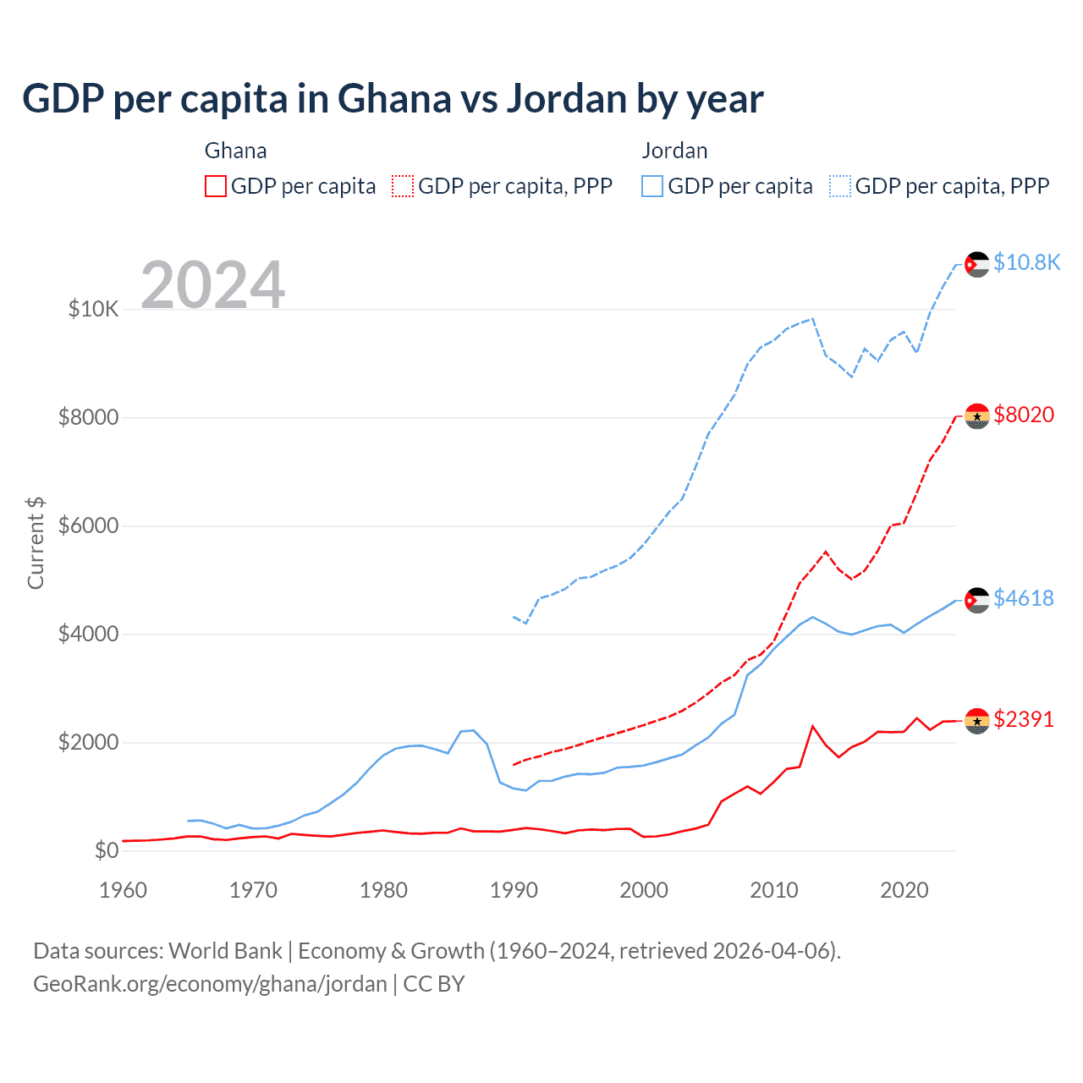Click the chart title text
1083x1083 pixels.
[x=393, y=99]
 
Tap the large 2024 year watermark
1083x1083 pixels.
[x=212, y=285]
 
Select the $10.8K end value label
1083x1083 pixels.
[x=1026, y=263]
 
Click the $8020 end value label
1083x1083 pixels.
[x=1024, y=415]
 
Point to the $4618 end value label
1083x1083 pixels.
[x=1024, y=598]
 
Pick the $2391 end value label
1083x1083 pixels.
[x=1024, y=719]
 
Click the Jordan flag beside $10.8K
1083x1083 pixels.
[x=977, y=264]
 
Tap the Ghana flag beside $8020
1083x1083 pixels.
[x=977, y=415]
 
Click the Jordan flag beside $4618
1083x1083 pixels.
[x=977, y=600]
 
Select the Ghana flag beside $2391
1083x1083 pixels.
[x=977, y=721]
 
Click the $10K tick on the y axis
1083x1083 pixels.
[x=93, y=310]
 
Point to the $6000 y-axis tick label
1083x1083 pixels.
[x=88, y=526]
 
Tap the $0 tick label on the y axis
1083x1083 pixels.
[x=106, y=851]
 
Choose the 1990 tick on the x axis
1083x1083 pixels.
[x=514, y=890]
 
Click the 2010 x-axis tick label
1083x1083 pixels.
[x=774, y=890]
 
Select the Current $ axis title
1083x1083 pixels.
[x=36, y=543]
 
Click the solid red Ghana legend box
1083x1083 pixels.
[x=216, y=186]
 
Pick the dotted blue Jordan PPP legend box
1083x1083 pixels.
[x=840, y=186]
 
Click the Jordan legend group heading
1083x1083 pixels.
[x=674, y=151]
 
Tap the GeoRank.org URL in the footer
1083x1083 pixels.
[x=210, y=984]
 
